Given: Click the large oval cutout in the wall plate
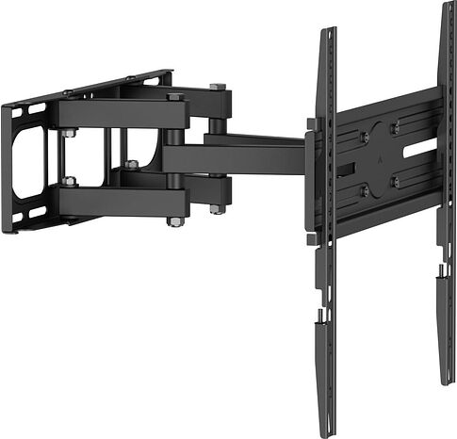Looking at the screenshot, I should coord(27,161).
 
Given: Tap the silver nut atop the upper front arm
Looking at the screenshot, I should coord(175,95).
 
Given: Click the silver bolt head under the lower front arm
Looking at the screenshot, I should coord(174,221).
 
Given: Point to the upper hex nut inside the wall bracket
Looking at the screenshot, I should coord(70,134).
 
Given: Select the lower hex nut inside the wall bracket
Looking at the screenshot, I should coord(70,181).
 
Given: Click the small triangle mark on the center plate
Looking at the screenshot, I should coord(381,159).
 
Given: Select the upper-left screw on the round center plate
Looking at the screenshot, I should coord(364,137).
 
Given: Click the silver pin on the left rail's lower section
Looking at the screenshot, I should coord(321,316).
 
